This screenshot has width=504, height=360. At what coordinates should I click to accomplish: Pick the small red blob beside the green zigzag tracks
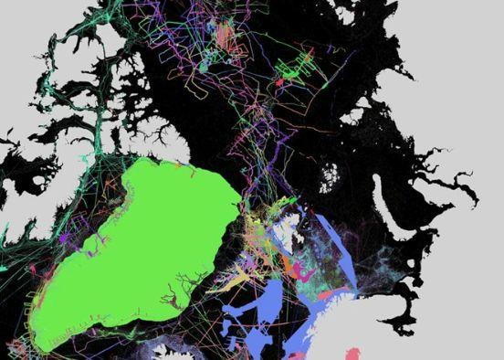[279, 82]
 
